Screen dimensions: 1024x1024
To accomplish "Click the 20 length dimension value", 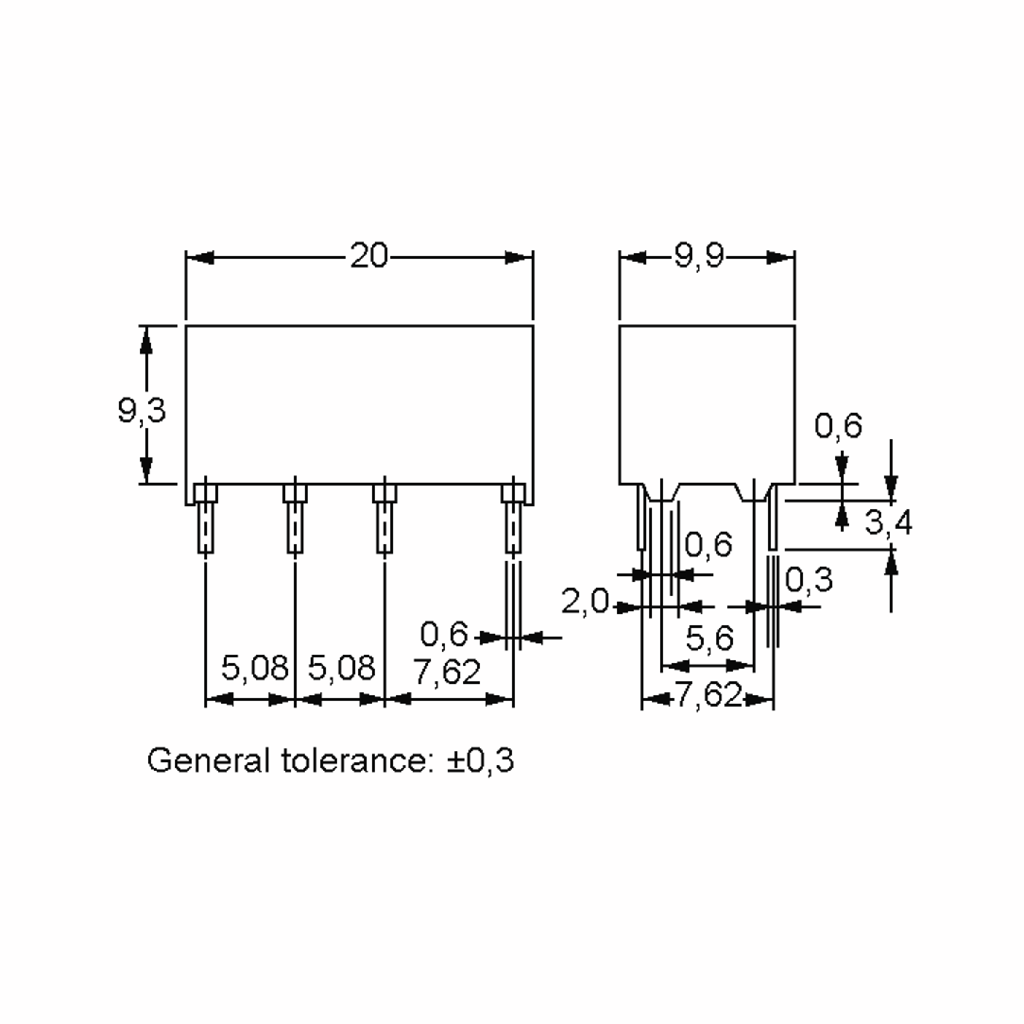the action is tap(369, 256).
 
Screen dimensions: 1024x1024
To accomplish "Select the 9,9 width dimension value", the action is tap(699, 257).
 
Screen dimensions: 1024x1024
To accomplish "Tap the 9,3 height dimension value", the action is tap(142, 411).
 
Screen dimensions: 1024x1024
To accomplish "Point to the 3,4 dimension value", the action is tap(888, 522).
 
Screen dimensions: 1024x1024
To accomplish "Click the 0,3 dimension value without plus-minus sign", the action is tap(809, 579).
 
